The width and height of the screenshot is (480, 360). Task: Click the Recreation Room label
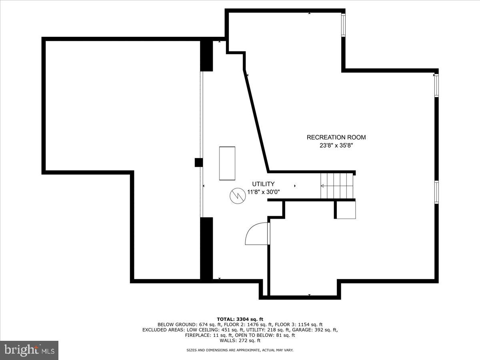pyautogui.click(x=336, y=137)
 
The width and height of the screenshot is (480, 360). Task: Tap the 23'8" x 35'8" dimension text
pyautogui.click(x=336, y=146)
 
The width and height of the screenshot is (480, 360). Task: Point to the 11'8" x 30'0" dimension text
pyautogui.click(x=263, y=192)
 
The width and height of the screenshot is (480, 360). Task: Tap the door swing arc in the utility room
pyautogui.click(x=256, y=234)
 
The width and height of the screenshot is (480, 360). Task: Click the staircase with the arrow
pyautogui.click(x=337, y=186)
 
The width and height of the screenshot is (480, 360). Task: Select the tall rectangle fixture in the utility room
pyautogui.click(x=227, y=163)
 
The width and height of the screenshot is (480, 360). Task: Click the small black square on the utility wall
pyautogui.click(x=198, y=162)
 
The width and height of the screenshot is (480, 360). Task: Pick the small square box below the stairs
pyautogui.click(x=345, y=210)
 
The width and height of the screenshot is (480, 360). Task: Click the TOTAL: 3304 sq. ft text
pyautogui.click(x=240, y=319)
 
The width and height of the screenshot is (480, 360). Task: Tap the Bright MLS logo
pyautogui.click(x=29, y=350)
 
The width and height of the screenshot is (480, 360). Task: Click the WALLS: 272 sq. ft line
pyautogui.click(x=240, y=340)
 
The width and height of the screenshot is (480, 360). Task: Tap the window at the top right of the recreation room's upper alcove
pyautogui.click(x=343, y=26)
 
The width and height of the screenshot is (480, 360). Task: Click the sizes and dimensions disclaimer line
pyautogui.click(x=240, y=350)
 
